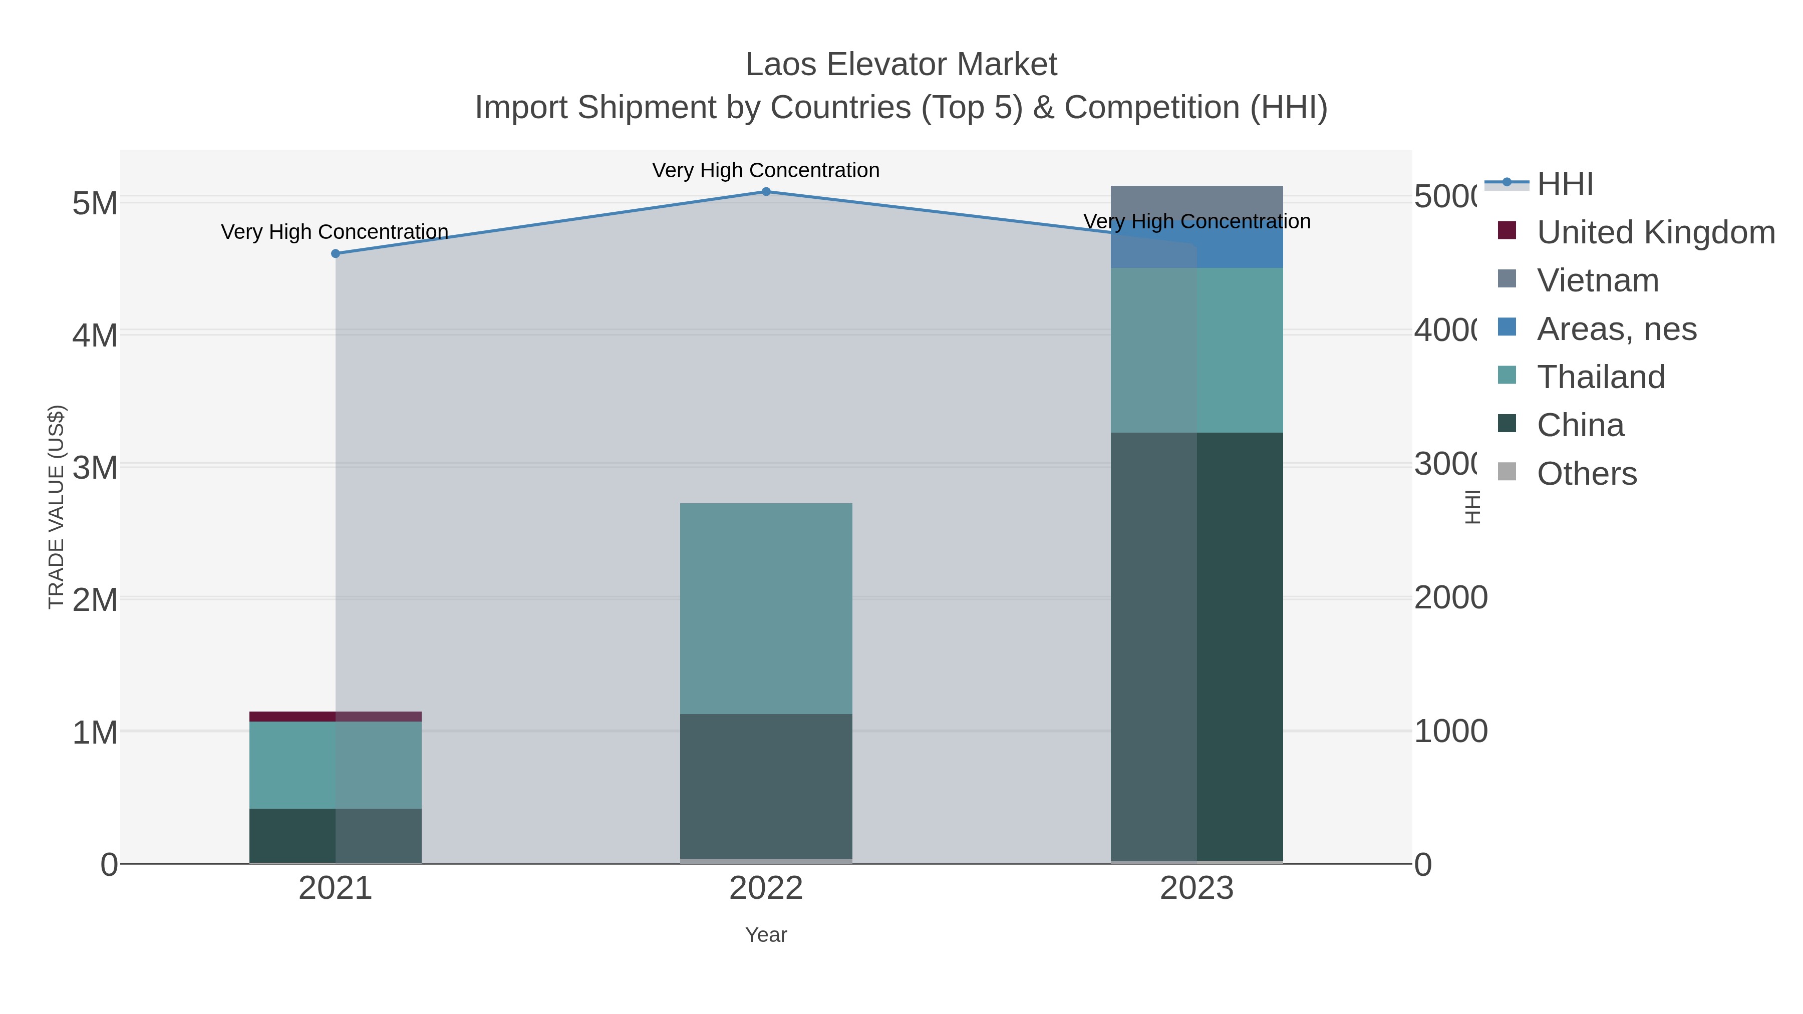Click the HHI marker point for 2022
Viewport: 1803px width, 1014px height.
click(x=766, y=192)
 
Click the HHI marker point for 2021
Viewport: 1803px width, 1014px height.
click(x=335, y=253)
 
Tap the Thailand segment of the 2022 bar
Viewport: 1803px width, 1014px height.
click(x=766, y=609)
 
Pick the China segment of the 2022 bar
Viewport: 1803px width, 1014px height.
click(x=766, y=787)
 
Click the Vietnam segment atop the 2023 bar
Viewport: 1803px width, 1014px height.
click(x=1197, y=199)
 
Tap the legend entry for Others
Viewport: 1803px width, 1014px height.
click(x=1587, y=474)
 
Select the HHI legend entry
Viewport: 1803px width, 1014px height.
click(x=1565, y=184)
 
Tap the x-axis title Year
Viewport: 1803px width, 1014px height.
click(x=766, y=935)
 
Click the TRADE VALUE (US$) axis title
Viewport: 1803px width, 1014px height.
click(x=56, y=507)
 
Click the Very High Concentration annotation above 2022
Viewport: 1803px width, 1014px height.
click(x=766, y=170)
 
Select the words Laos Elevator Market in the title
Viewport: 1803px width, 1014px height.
click(x=901, y=65)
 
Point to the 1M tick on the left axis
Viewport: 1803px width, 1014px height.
click(x=95, y=733)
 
